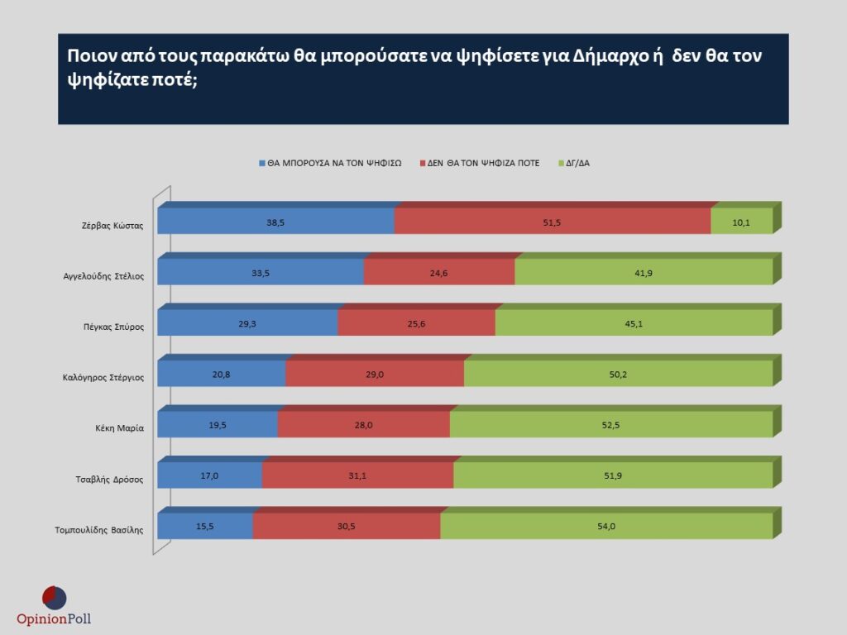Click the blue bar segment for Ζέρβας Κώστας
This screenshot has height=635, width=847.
click(275, 222)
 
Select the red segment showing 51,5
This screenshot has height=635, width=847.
click(553, 222)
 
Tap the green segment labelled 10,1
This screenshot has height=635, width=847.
click(741, 222)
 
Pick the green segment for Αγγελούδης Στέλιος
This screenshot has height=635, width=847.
click(644, 273)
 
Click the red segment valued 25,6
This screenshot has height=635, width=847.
click(416, 323)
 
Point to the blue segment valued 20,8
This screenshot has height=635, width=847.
click(221, 375)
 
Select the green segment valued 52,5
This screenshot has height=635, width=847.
click(611, 425)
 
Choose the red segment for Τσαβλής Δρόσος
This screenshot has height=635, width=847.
click(357, 476)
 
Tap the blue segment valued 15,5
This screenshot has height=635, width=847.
click(205, 527)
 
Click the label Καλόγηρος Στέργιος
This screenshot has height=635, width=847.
click(103, 378)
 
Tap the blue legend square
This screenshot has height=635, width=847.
click(261, 163)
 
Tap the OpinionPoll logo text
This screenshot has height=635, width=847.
click(54, 618)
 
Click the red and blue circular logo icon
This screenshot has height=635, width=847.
click(54, 597)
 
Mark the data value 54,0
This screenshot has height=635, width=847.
click(606, 527)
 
